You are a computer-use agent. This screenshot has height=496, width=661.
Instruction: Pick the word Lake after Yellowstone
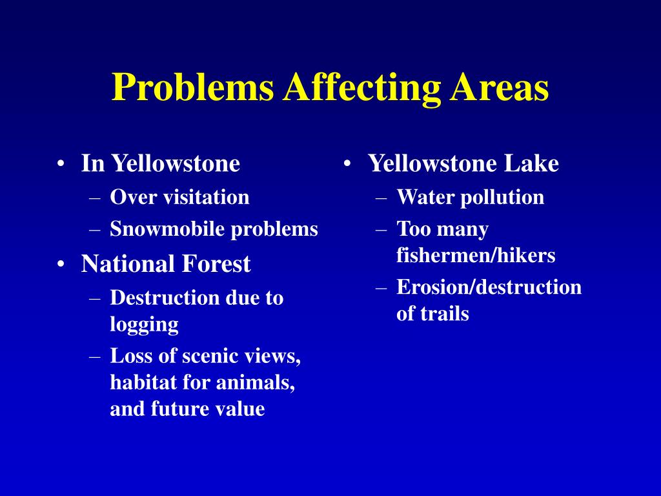(x=531, y=163)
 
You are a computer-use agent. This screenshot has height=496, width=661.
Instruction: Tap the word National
(x=128, y=264)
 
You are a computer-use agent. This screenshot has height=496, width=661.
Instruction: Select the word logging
(x=144, y=324)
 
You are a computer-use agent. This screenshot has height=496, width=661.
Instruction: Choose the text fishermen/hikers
(x=476, y=255)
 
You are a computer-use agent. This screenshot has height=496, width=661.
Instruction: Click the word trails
(x=444, y=314)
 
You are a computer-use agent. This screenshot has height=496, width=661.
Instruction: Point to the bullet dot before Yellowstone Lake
(x=347, y=164)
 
